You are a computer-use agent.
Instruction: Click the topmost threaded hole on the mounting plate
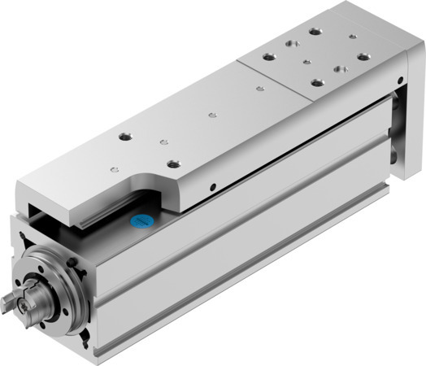click(x=313, y=33)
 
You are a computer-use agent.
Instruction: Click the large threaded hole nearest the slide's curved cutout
click(x=173, y=163)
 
